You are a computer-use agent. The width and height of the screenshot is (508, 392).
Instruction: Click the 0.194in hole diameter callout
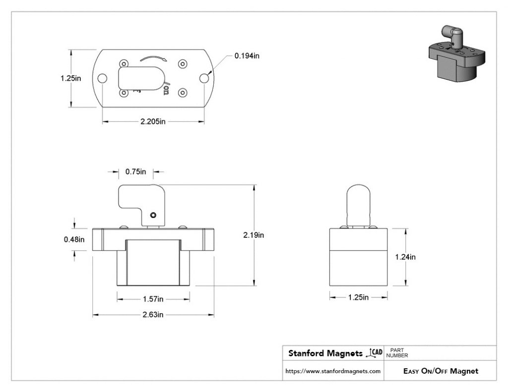tap(247, 56)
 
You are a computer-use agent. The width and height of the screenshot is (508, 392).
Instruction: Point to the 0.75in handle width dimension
tap(135, 172)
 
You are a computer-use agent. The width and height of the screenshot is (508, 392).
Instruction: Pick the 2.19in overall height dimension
tap(254, 235)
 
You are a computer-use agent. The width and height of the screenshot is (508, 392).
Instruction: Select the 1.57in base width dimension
tap(153, 299)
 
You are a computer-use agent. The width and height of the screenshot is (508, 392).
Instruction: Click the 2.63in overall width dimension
tap(153, 315)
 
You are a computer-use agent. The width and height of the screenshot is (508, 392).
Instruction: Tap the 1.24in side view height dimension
tap(405, 257)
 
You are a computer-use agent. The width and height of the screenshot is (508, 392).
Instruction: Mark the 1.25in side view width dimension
tap(358, 297)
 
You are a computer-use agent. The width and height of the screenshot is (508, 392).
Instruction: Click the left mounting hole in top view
tap(103, 78)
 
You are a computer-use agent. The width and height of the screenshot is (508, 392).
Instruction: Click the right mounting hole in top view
tap(204, 78)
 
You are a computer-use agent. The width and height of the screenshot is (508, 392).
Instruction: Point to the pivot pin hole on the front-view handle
tap(153, 215)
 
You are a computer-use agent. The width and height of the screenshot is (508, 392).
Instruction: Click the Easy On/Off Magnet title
tap(441, 371)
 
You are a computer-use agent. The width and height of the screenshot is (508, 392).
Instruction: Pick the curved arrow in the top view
tap(153, 58)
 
